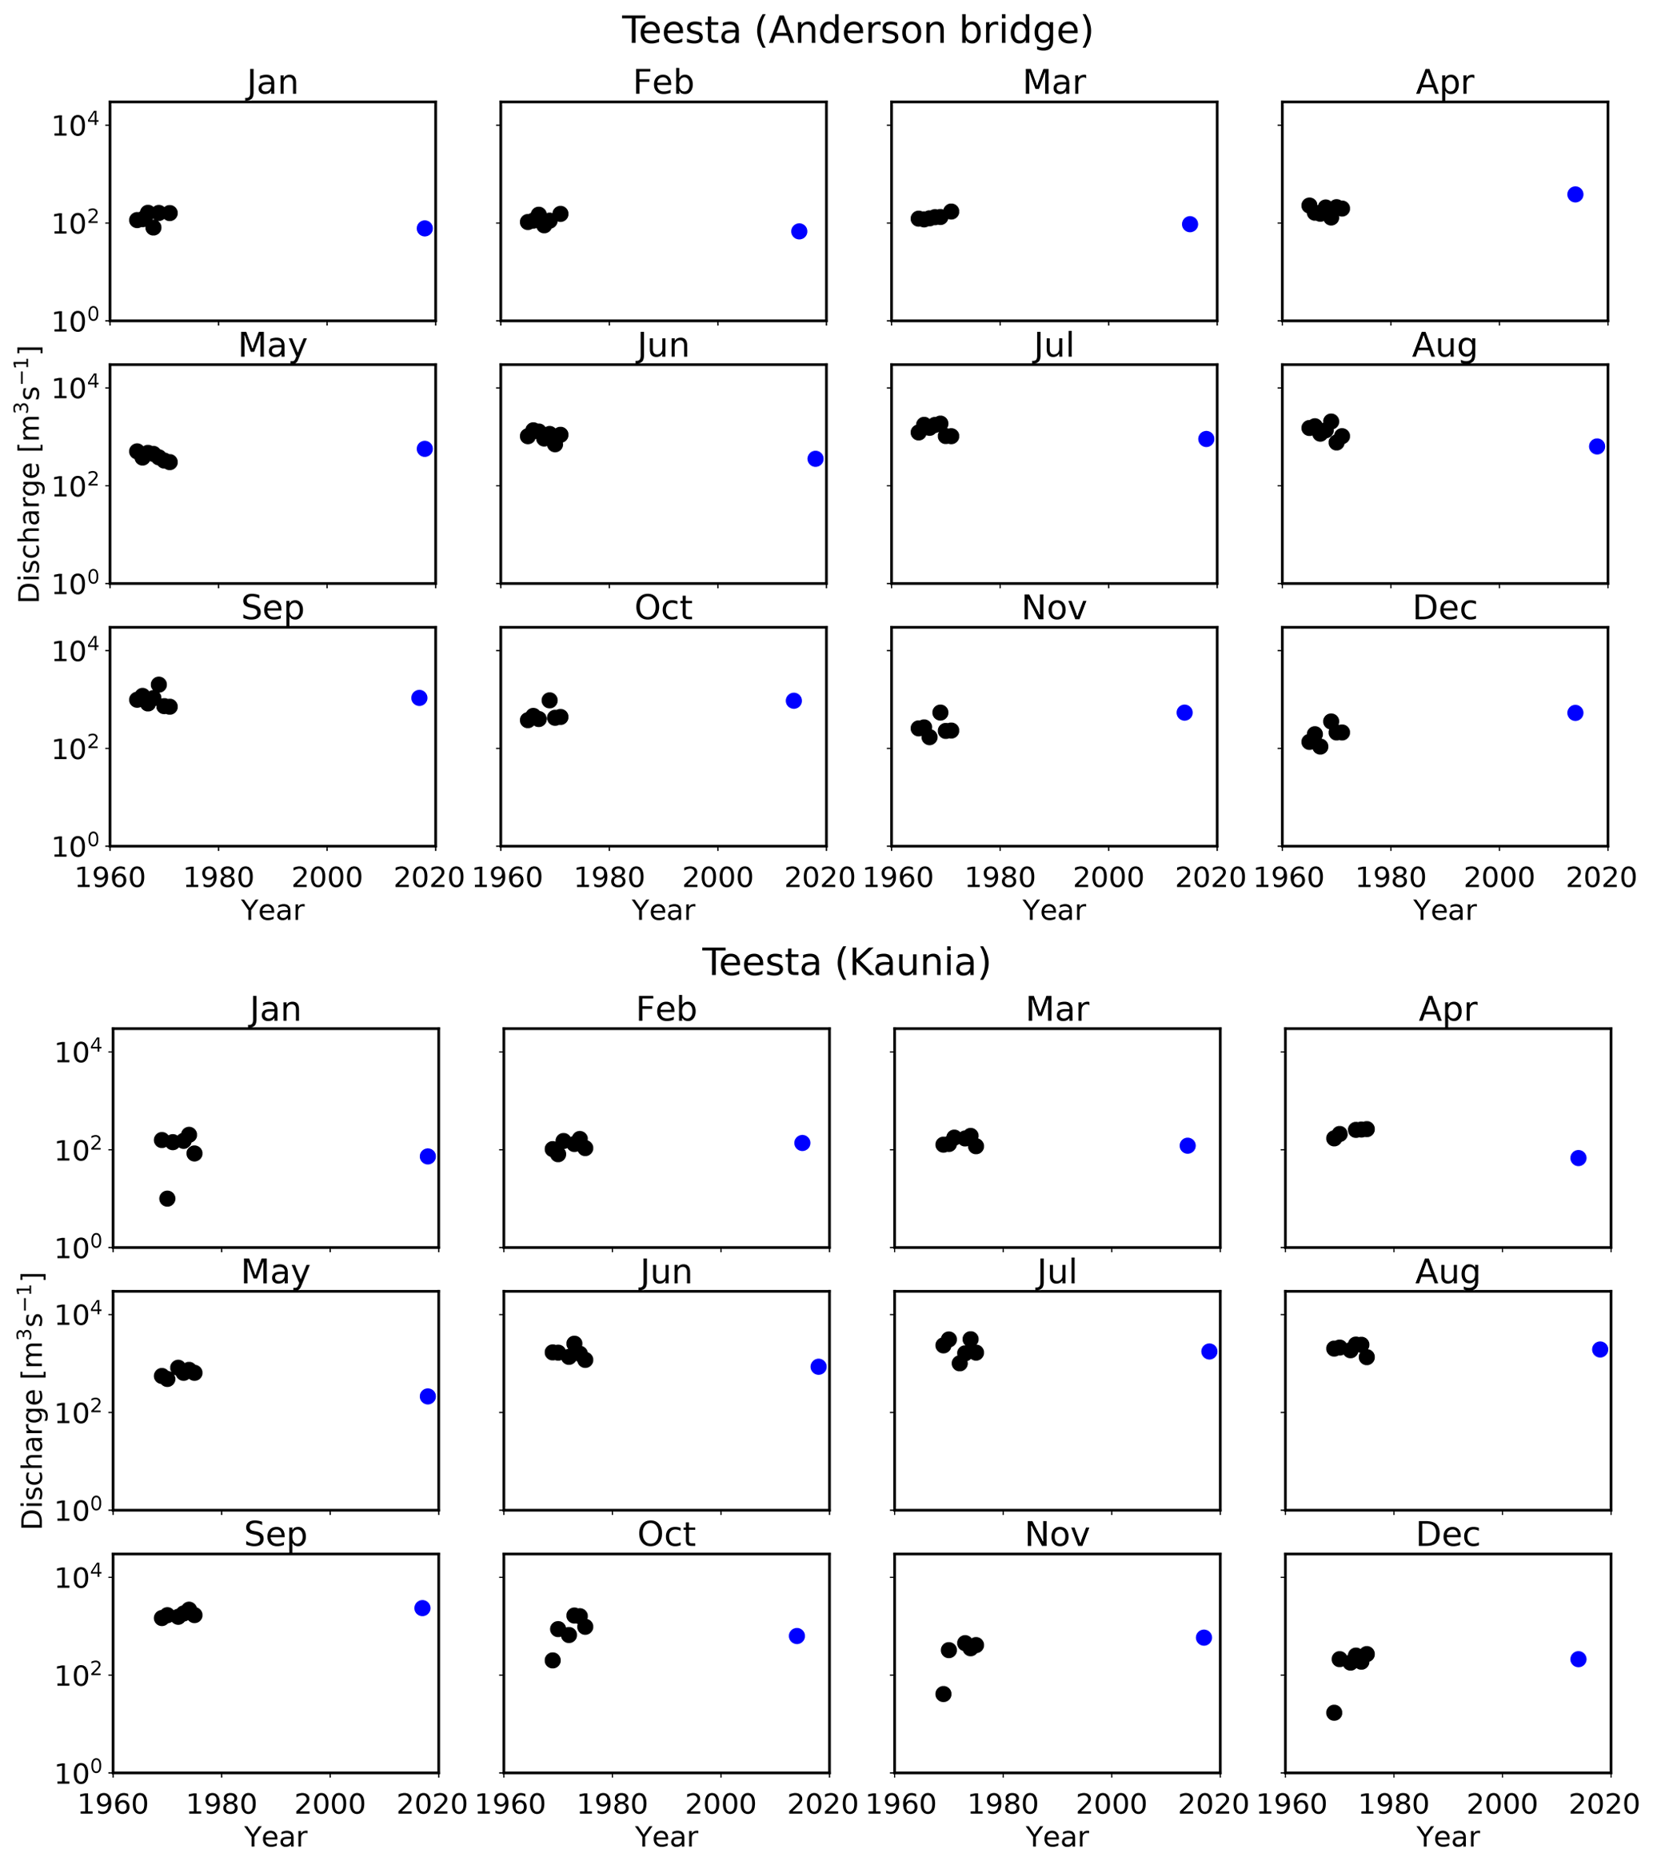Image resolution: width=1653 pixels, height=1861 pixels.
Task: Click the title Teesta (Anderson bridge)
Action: pos(856,30)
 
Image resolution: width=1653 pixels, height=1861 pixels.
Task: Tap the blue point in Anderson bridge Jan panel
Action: pos(424,229)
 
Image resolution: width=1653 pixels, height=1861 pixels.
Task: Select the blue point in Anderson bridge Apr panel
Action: pos(1575,194)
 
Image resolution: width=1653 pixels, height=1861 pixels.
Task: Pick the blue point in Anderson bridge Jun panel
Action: pos(816,459)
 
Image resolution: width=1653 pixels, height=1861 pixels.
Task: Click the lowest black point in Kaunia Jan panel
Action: pos(167,1198)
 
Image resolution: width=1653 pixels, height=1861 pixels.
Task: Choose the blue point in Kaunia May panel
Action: pos(428,1396)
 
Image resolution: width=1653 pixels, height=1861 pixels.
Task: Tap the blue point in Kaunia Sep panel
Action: pos(422,1608)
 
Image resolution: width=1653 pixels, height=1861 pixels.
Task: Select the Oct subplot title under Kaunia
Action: pos(666,1534)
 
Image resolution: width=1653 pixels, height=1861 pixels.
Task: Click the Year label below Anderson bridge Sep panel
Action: pos(272,909)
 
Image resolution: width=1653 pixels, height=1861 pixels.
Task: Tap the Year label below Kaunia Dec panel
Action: pos(1448,1836)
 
